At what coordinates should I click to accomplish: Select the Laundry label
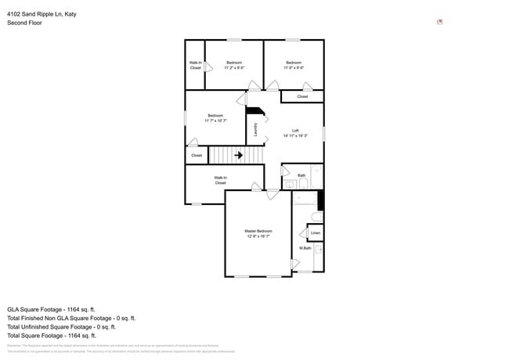click(x=255, y=130)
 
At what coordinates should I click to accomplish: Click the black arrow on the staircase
click(x=237, y=155)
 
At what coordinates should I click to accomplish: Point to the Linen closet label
click(x=315, y=233)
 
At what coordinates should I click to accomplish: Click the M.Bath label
click(x=305, y=249)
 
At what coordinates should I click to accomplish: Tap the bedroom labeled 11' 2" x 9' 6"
click(x=234, y=65)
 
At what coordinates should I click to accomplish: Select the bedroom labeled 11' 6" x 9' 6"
click(x=293, y=65)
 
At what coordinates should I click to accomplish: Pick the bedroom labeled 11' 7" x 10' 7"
click(x=215, y=118)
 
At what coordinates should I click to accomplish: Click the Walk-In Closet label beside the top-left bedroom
click(x=195, y=65)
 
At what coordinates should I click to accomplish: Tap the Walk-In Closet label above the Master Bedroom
click(x=221, y=180)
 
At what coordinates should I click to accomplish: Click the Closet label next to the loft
click(x=302, y=97)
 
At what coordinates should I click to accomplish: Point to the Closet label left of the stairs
click(x=197, y=155)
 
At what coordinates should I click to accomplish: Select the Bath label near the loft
click(x=301, y=175)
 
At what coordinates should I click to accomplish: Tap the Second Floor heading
click(x=24, y=23)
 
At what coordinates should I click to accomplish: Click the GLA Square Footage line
click(x=51, y=309)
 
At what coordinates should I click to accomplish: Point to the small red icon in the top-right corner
click(x=440, y=22)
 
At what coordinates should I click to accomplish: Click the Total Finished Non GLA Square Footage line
click(x=71, y=319)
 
